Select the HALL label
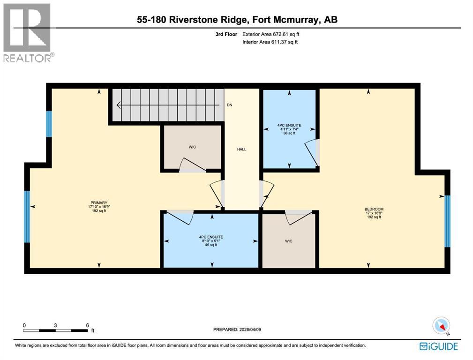(241, 149)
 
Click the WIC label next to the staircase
(192, 147)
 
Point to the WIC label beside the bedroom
(289, 241)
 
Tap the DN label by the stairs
(229, 105)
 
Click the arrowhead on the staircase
(118, 105)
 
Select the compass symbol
(441, 326)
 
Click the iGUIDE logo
(438, 346)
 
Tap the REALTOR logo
(28, 33)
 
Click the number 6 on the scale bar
(87, 325)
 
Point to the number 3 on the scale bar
(55, 325)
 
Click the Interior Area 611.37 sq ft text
(270, 42)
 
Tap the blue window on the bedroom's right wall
(447, 221)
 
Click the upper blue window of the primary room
(49, 124)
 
